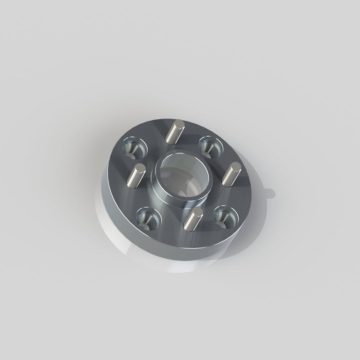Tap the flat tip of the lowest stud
198,212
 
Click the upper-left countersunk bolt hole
134,148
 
